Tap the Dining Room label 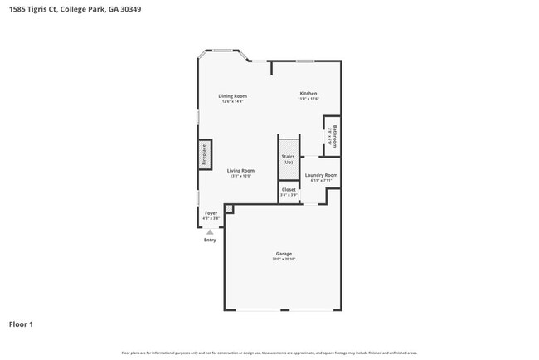[232, 95]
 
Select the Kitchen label [308, 93]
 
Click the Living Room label [240, 170]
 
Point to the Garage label [284, 253]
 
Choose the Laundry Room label [321, 175]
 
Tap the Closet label [289, 189]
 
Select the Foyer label [211, 213]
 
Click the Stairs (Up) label [288, 159]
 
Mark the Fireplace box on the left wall [203, 156]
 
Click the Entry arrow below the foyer [210, 231]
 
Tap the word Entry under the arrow [210, 241]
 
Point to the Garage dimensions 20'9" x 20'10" [284, 260]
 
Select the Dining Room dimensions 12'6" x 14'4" [232, 101]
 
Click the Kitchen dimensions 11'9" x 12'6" [308, 100]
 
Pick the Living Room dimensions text [240, 176]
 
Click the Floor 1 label [21, 324]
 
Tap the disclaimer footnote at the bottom [269, 353]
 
